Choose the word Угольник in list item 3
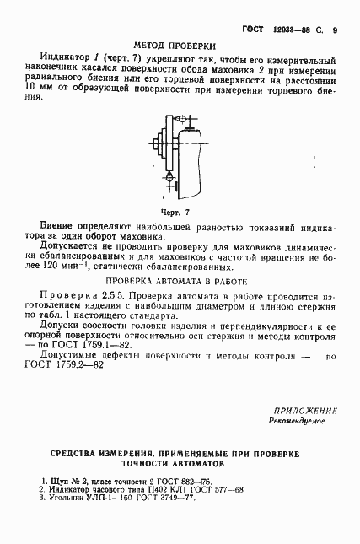[x=70, y=497]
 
